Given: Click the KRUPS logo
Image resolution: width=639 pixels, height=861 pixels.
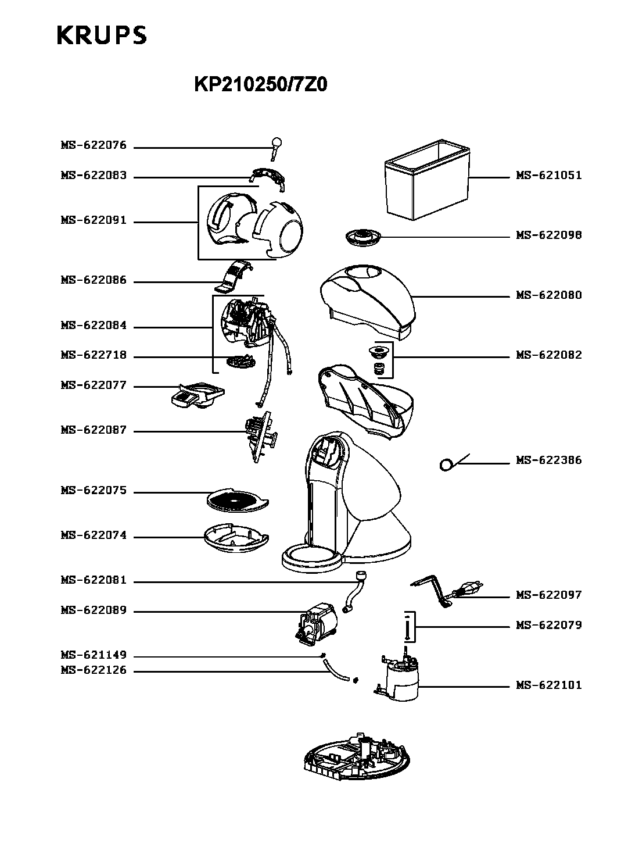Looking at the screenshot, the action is click(x=102, y=35).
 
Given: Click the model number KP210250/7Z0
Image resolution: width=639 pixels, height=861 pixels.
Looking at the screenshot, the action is click(x=260, y=84).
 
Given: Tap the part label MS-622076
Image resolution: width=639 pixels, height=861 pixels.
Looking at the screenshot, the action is click(x=94, y=145).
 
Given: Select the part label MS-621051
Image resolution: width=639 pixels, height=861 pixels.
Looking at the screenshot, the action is click(x=548, y=176).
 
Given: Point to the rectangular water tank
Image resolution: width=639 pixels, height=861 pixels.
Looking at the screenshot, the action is click(x=427, y=179).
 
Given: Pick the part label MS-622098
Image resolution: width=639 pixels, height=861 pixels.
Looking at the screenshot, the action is click(x=548, y=235).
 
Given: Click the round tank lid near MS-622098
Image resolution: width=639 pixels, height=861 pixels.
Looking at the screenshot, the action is click(x=363, y=237).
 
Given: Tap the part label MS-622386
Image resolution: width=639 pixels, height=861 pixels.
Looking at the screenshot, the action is click(x=548, y=460).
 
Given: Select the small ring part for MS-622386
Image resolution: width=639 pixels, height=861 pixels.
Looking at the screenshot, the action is click(x=446, y=465).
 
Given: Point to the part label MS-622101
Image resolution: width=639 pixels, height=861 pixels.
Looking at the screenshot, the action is click(x=548, y=685).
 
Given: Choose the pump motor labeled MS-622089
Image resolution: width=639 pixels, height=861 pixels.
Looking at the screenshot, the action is click(x=316, y=624).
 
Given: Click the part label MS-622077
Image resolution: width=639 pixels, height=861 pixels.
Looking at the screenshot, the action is click(x=94, y=385).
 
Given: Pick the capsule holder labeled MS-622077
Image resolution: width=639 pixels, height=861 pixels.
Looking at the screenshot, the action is click(x=198, y=395).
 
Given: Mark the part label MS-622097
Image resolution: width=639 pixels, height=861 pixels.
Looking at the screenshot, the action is click(x=548, y=595).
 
